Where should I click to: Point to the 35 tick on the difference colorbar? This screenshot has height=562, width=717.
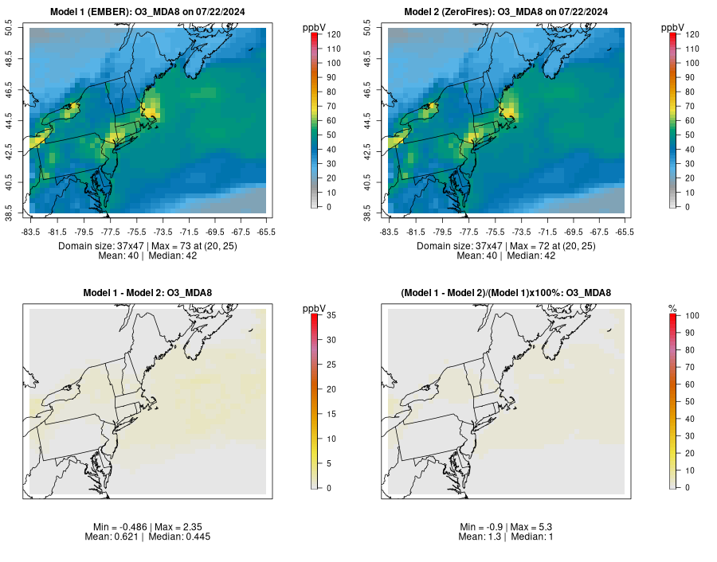click(x=326, y=316)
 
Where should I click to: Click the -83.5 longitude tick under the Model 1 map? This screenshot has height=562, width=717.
click(x=30, y=232)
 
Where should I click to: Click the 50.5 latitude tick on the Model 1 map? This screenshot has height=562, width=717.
click(x=21, y=29)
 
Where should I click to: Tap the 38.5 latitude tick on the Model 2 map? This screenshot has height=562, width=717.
click(x=379, y=213)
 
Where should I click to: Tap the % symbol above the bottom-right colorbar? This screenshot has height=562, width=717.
click(x=672, y=307)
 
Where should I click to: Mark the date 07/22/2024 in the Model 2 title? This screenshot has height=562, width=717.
click(x=581, y=12)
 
